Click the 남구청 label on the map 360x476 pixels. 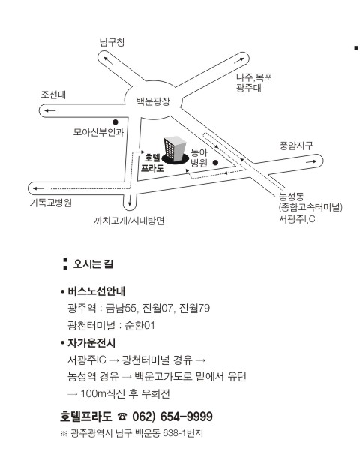[112, 42]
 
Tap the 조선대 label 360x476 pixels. [53, 95]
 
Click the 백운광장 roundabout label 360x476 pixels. [153, 101]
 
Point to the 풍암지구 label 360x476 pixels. [296, 146]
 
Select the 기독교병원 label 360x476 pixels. [51, 203]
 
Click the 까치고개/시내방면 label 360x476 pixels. [129, 221]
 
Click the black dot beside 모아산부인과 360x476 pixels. [115, 122]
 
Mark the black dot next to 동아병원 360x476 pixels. [216, 163]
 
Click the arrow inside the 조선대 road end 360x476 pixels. [50, 110]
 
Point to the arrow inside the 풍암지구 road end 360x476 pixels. [311, 162]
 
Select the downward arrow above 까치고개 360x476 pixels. [130, 200]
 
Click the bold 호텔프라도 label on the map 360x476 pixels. [152, 163]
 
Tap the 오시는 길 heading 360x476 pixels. [93, 264]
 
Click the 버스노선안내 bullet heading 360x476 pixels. [96, 291]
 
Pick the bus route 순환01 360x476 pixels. [139, 326]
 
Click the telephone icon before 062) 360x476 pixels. [122, 417]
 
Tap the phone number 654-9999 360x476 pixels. [186, 417]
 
